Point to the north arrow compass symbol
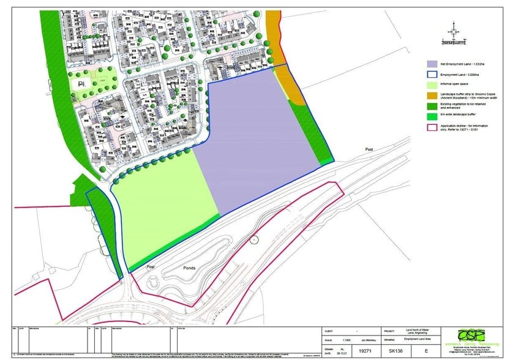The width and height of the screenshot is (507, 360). pos(454,29)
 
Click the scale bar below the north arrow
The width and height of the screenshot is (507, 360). pos(454,41)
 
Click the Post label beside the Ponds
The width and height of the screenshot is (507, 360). pos(151,268)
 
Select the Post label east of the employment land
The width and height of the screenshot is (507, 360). pos(369,149)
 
